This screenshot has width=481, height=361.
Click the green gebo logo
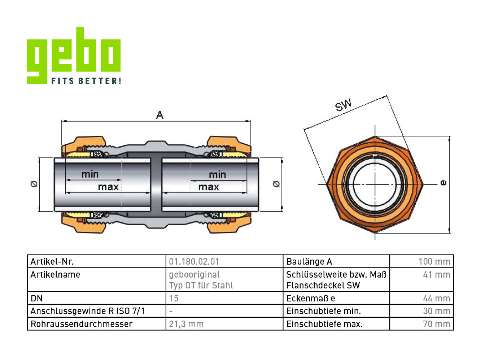point(74,55)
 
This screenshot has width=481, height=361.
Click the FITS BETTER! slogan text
point(86,81)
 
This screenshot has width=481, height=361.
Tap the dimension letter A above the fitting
point(160,115)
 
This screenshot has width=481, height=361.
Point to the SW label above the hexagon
point(343,105)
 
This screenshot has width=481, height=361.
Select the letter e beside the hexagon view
point(443,183)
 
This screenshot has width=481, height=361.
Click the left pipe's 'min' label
point(90,174)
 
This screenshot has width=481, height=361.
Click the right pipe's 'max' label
point(209,187)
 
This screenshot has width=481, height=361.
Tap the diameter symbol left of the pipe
point(34,184)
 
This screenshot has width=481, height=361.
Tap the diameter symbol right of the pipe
point(276,184)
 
